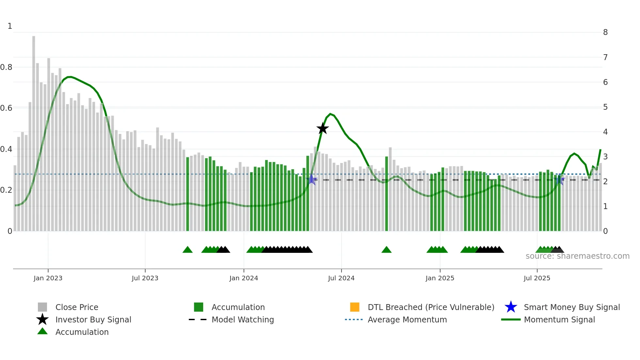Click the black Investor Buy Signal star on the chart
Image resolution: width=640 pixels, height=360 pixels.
pos(323,128)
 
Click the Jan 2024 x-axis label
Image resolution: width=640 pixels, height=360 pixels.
pos(244,278)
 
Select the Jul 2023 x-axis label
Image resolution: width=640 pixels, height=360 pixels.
pos(145,278)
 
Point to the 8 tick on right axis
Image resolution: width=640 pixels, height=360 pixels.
pos(605,32)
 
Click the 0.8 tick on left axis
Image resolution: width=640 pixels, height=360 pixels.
pos(7,67)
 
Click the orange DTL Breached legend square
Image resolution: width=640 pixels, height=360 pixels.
pos(355,307)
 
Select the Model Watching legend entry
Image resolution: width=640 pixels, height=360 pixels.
pos(242,319)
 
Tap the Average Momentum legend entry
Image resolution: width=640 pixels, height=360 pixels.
pos(407,319)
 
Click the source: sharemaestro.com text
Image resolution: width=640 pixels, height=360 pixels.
pos(577,256)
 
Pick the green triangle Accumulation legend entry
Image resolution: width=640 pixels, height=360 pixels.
pos(82,332)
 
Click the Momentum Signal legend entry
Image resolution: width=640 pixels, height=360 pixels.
pos(559,319)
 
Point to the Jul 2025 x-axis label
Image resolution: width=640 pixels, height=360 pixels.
pos(537,278)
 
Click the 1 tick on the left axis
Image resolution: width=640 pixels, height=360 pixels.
pos(10,26)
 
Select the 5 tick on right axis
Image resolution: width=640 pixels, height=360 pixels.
pos(605,107)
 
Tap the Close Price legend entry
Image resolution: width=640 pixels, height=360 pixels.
pos(76,307)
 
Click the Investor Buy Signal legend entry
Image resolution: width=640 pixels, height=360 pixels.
pos(93,319)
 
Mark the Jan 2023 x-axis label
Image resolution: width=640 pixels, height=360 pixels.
pos(48,278)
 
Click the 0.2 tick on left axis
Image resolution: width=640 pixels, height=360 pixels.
pos(7,190)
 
